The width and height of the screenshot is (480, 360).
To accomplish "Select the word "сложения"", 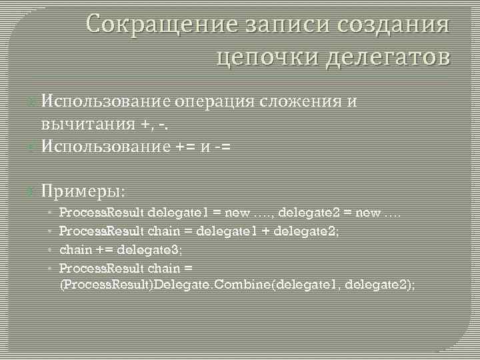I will [302, 101].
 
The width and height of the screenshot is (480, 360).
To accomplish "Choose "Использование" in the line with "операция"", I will [107, 101].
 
